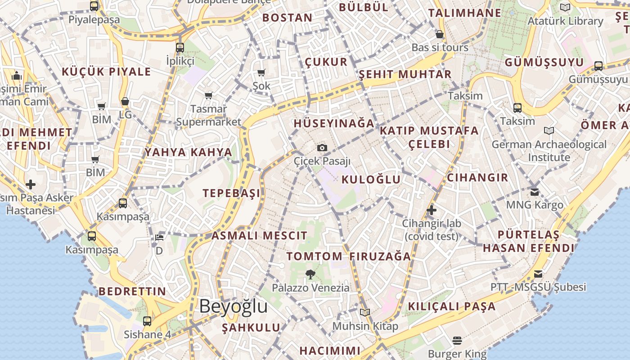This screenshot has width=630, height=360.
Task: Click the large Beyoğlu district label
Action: click(x=233, y=307)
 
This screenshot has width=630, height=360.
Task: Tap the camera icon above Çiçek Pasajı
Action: click(x=322, y=148)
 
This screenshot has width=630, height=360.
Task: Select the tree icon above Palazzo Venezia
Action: click(x=310, y=274)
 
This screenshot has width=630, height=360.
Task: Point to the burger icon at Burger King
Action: click(x=457, y=341)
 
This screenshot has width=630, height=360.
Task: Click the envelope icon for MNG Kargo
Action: click(x=534, y=192)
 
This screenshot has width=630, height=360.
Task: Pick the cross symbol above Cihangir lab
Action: click(x=431, y=210)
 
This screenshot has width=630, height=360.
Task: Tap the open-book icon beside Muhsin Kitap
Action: click(x=364, y=312)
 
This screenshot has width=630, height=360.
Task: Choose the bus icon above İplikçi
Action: click(x=180, y=47)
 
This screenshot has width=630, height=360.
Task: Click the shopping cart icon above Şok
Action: click(x=261, y=72)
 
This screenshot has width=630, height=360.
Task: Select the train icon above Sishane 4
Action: click(x=147, y=321)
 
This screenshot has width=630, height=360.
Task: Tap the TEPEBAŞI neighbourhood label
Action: click(x=231, y=193)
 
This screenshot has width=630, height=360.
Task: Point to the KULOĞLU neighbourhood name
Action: click(x=371, y=180)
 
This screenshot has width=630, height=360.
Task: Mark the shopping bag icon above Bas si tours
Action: click(x=440, y=34)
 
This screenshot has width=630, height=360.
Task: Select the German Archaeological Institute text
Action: click(x=549, y=151)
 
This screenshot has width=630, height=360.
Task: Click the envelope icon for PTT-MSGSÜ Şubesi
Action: click(x=538, y=274)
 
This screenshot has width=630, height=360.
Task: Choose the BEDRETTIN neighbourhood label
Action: click(x=132, y=291)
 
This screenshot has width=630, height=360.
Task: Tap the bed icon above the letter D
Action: click(x=159, y=237)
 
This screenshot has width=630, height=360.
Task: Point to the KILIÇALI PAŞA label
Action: click(x=451, y=306)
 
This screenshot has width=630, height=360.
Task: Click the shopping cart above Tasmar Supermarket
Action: click(x=208, y=95)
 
